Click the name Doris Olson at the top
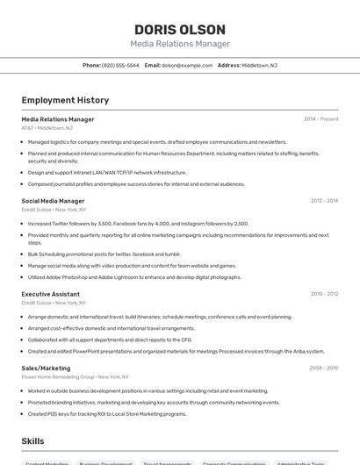click(x=179, y=29)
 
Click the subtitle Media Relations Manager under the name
click(x=179, y=44)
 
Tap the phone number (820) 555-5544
click(x=120, y=65)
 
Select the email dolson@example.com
click(x=187, y=65)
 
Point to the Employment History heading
click(x=65, y=100)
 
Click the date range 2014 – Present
click(x=320, y=118)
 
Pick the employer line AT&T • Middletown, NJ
click(x=47, y=128)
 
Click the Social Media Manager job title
click(x=53, y=201)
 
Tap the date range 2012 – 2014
click(x=324, y=201)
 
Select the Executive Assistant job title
click(x=51, y=294)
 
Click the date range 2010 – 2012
click(x=324, y=294)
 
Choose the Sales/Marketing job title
click(x=46, y=368)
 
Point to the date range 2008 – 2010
click(x=324, y=368)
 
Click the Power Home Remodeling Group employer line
click(x=70, y=377)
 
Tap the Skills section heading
click(x=33, y=440)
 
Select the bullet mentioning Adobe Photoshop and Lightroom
click(x=134, y=277)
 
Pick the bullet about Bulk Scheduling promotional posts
click(x=104, y=254)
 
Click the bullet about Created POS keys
click(x=107, y=414)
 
